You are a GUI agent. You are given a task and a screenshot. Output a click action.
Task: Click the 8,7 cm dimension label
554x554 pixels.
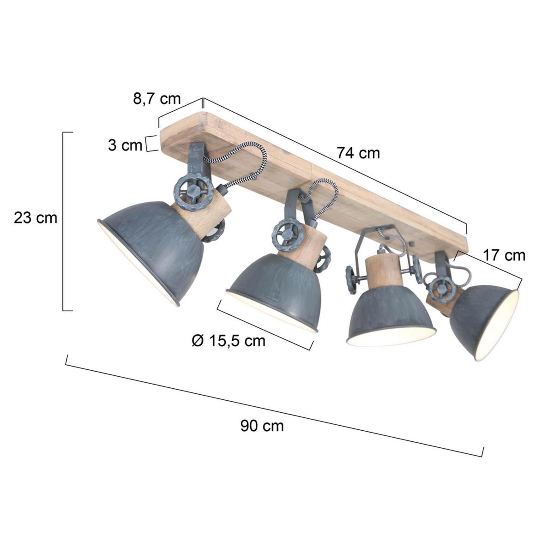point(157,99)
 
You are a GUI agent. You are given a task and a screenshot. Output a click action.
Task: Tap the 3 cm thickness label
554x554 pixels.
point(125,145)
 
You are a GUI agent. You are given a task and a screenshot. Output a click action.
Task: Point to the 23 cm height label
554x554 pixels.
point(36,217)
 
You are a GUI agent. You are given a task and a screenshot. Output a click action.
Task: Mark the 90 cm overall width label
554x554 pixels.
point(262,425)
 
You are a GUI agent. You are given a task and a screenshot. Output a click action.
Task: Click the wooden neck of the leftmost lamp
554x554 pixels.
point(203,217)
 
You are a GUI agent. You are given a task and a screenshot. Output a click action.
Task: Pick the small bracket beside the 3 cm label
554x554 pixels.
point(149,144)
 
